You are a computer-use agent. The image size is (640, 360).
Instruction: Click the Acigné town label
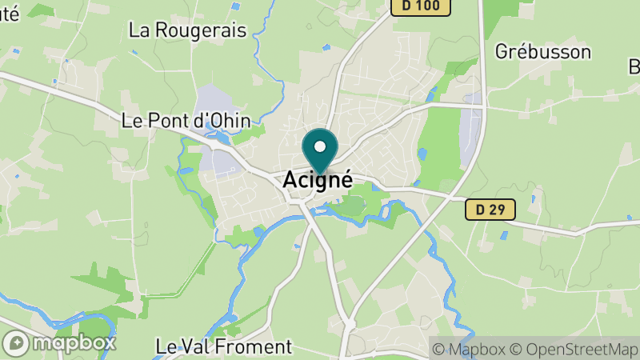318,180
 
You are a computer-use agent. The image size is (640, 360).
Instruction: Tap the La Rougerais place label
187,30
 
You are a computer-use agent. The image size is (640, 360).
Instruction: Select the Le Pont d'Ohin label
186,121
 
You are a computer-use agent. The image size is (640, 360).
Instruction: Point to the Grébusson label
542,52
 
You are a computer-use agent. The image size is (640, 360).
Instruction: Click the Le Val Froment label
224,346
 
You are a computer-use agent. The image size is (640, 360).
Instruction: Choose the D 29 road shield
490,210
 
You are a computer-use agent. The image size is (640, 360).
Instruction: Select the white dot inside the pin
320,146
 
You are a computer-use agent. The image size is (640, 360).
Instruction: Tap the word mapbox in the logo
74,343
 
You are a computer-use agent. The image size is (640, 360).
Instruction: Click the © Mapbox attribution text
470,349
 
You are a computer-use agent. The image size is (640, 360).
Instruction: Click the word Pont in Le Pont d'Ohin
166,121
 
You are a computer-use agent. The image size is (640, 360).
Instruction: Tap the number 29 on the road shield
499,210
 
